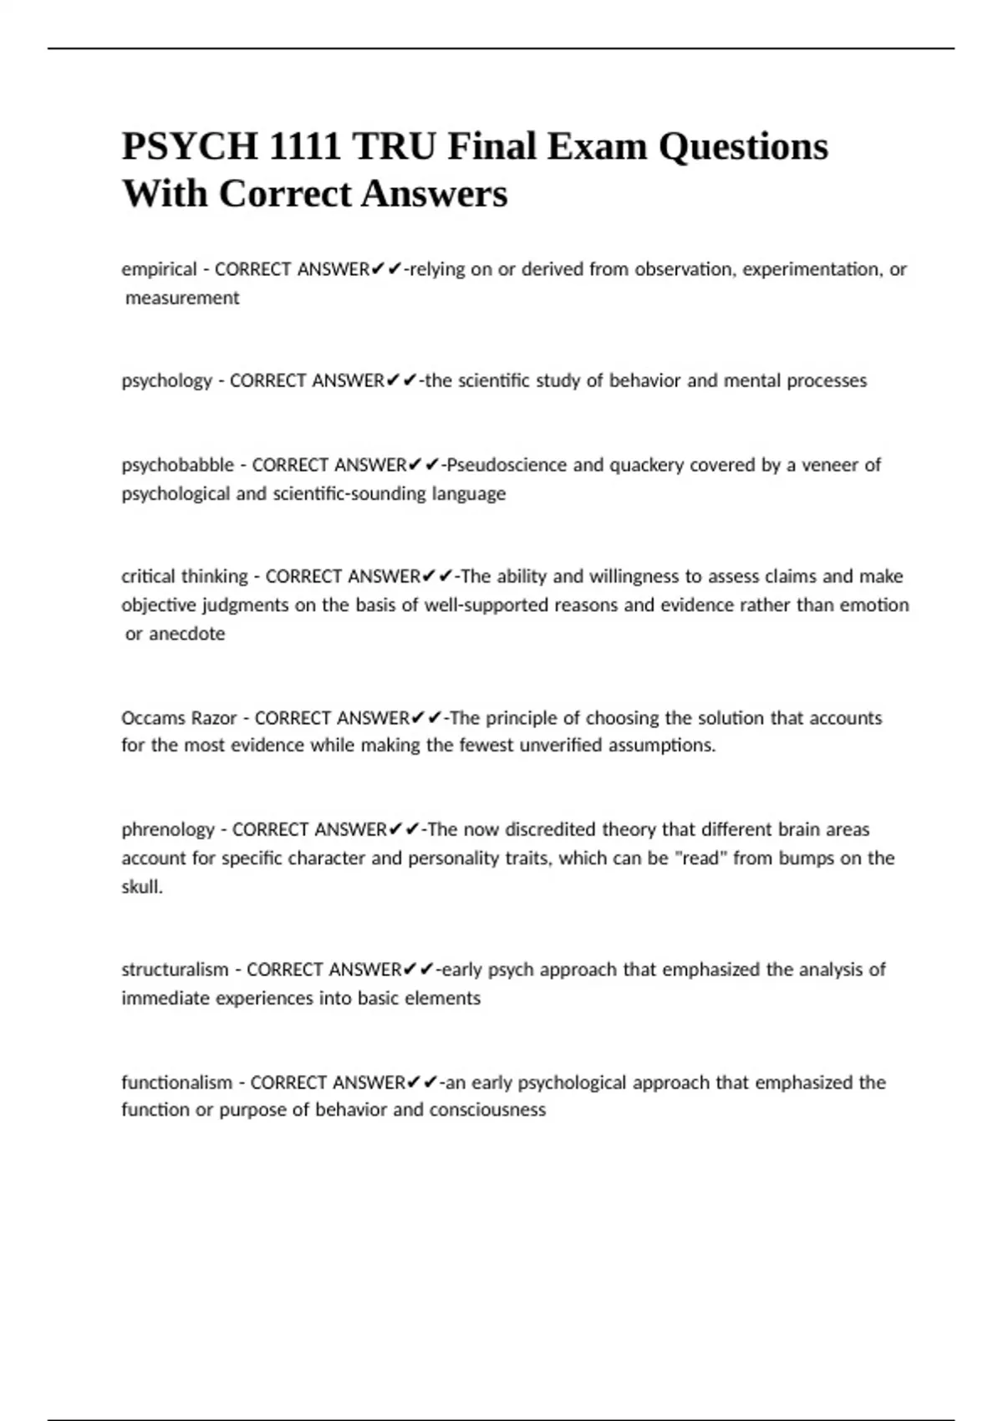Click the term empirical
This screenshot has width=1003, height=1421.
159,269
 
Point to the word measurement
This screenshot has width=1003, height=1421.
182,298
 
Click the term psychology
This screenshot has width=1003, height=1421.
166,381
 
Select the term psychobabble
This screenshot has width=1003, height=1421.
177,465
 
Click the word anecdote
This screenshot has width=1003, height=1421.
187,634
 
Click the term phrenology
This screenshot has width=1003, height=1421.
168,830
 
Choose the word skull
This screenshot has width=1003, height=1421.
140,887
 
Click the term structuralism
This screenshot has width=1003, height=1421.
175,970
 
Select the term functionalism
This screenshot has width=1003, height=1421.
176,1082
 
